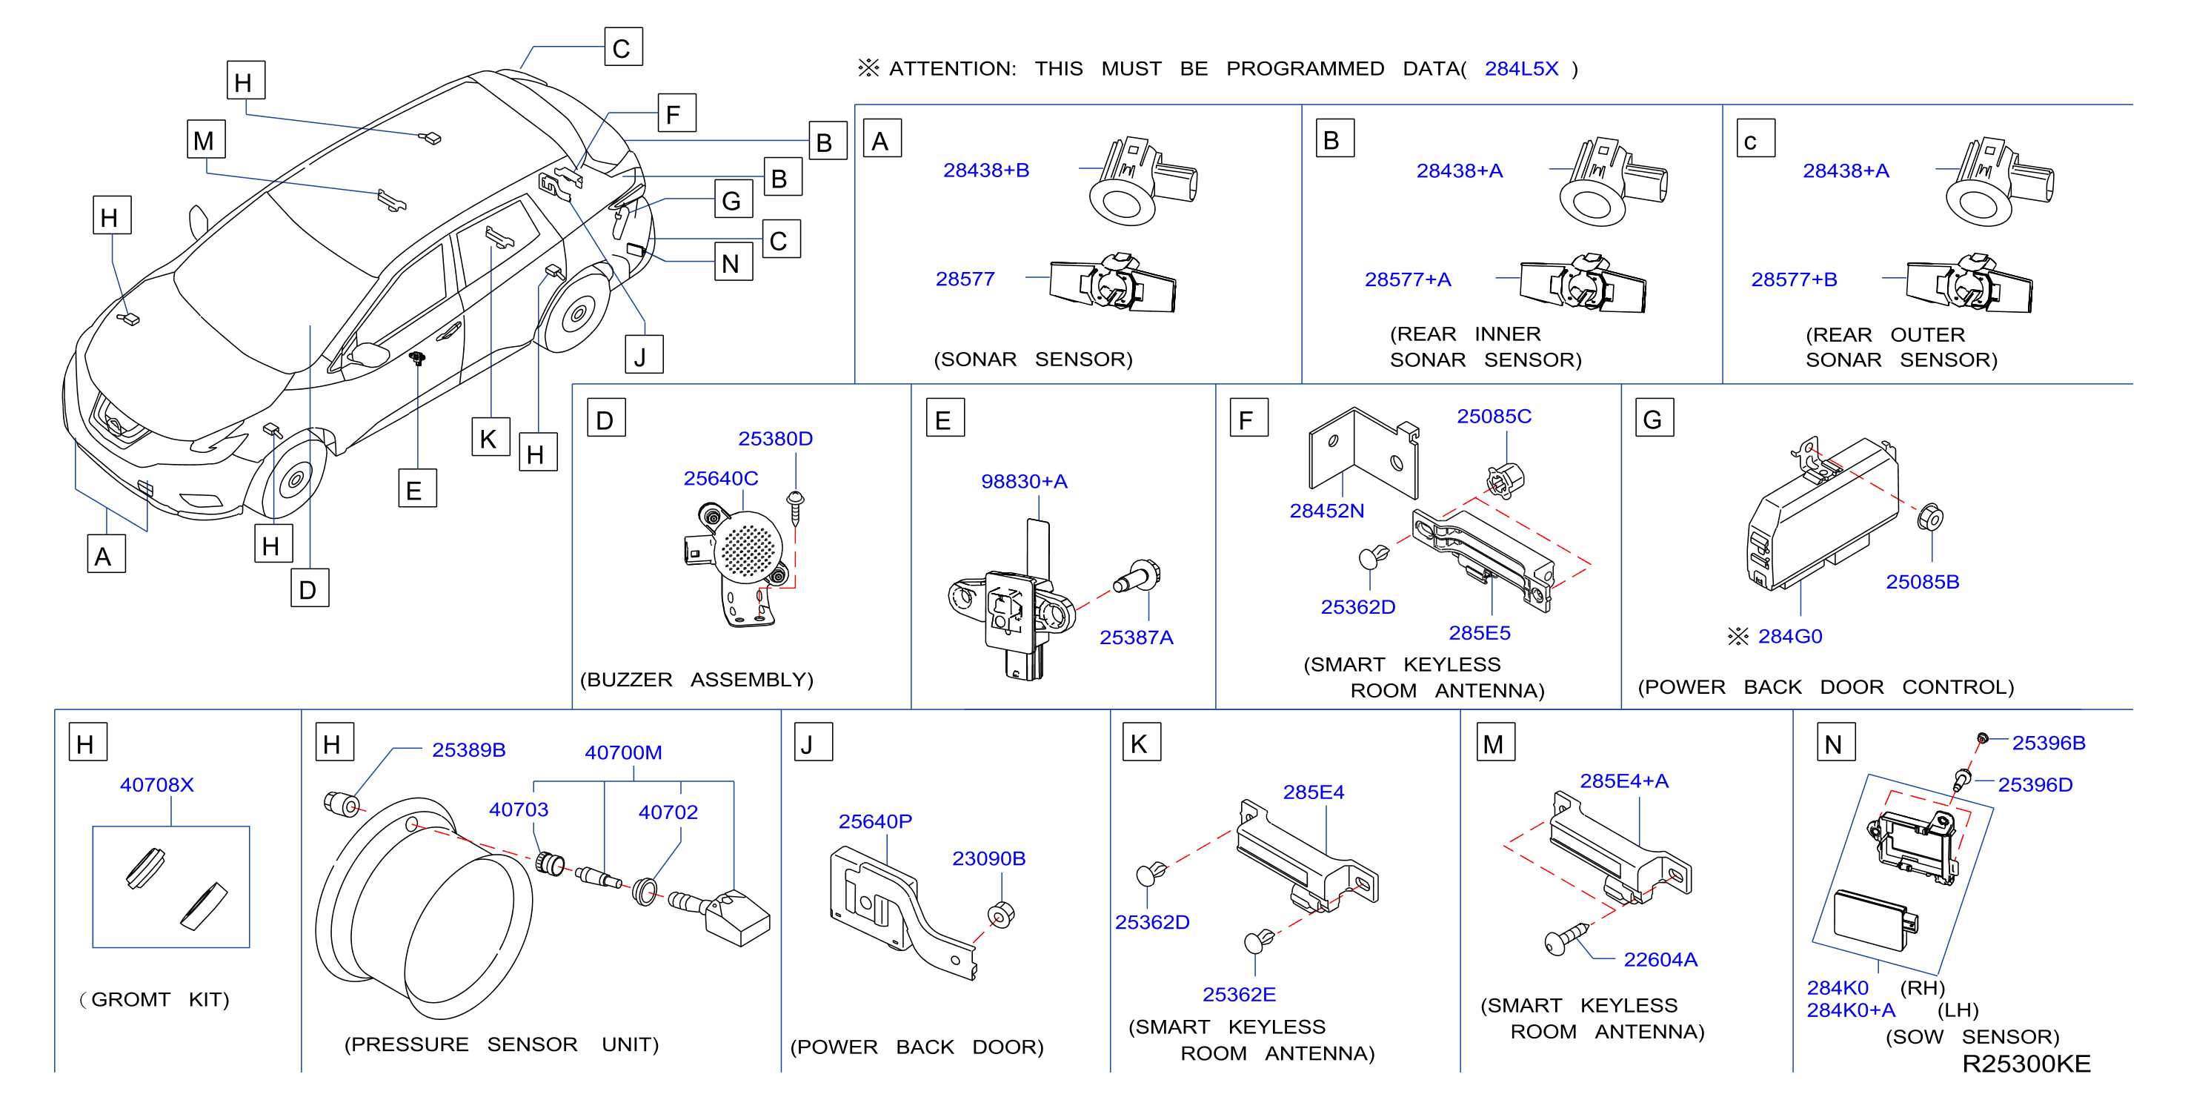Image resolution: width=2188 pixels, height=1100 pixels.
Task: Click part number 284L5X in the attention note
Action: (x=1520, y=69)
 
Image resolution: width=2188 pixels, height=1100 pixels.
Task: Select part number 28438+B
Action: (x=985, y=170)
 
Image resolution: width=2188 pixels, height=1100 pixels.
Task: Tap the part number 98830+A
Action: (x=1023, y=481)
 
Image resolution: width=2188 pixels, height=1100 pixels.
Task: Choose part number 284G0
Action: (x=1789, y=636)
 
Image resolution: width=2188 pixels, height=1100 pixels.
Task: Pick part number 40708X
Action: (x=156, y=784)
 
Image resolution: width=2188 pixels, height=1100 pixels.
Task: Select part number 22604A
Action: (x=1660, y=959)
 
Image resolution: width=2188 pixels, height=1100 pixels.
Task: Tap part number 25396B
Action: (x=2048, y=743)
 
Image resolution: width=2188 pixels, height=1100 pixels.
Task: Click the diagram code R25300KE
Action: (x=2026, y=1064)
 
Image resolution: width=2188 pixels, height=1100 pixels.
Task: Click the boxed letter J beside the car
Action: (x=643, y=355)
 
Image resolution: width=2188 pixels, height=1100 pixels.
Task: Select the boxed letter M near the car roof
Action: (x=205, y=139)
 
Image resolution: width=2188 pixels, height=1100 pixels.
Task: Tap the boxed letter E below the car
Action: (x=417, y=488)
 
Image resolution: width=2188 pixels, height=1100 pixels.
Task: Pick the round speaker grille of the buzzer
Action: (x=748, y=549)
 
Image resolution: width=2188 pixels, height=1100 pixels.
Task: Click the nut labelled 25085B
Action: (x=1930, y=517)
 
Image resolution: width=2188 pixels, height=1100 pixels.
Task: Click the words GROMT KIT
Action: (x=160, y=999)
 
